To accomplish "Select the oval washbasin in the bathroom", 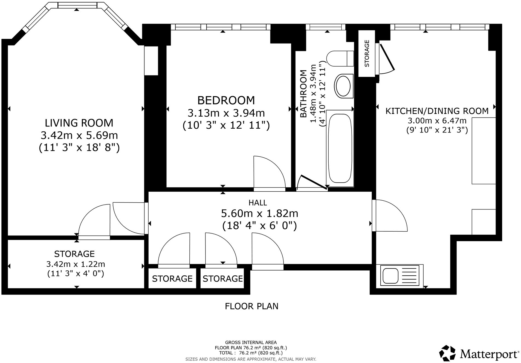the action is coord(343,86).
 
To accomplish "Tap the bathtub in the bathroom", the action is coord(340,148).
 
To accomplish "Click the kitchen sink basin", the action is coord(390,276).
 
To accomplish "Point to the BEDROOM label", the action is coord(226,100).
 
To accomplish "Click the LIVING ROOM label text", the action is coord(79,123).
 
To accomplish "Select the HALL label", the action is coord(258,203).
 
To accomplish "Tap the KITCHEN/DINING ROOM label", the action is coord(437,111).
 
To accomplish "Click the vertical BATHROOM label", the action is coord(303,94).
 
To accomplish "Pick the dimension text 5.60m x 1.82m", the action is coord(259,213).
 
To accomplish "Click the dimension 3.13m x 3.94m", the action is coord(226,113).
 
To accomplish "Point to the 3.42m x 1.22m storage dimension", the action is coord(76,264).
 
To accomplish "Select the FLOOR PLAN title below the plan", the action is coord(251,306).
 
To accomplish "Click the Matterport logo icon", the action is coord(447,353).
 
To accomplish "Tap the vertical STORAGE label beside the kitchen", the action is coord(367,53).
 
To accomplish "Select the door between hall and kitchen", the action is coord(390,215).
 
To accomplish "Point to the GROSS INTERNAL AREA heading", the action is coord(251,342).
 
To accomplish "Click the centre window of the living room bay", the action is coord(77,5).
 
